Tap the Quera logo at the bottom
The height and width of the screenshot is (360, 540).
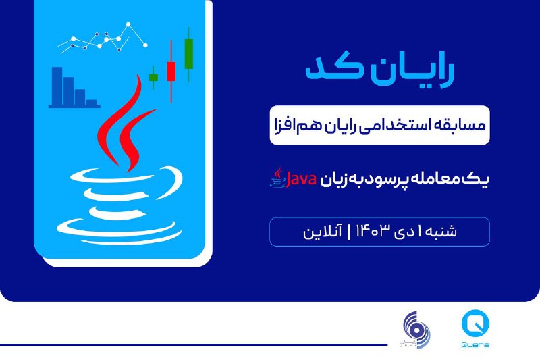[475, 329]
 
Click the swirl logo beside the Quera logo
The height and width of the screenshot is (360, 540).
[416, 330]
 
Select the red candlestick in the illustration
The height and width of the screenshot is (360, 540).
[171, 72]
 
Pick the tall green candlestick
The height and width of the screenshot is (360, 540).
[189, 54]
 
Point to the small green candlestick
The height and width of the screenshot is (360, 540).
[154, 78]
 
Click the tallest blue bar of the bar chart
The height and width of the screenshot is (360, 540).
[57, 86]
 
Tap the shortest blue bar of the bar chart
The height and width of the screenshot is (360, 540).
[92, 103]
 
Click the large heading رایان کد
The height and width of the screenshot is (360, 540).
[379, 70]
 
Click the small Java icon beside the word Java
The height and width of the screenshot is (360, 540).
[277, 178]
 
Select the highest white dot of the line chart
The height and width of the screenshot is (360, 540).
[128, 24]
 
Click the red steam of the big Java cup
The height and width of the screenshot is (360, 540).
[124, 124]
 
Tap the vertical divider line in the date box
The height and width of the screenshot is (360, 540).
[348, 231]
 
